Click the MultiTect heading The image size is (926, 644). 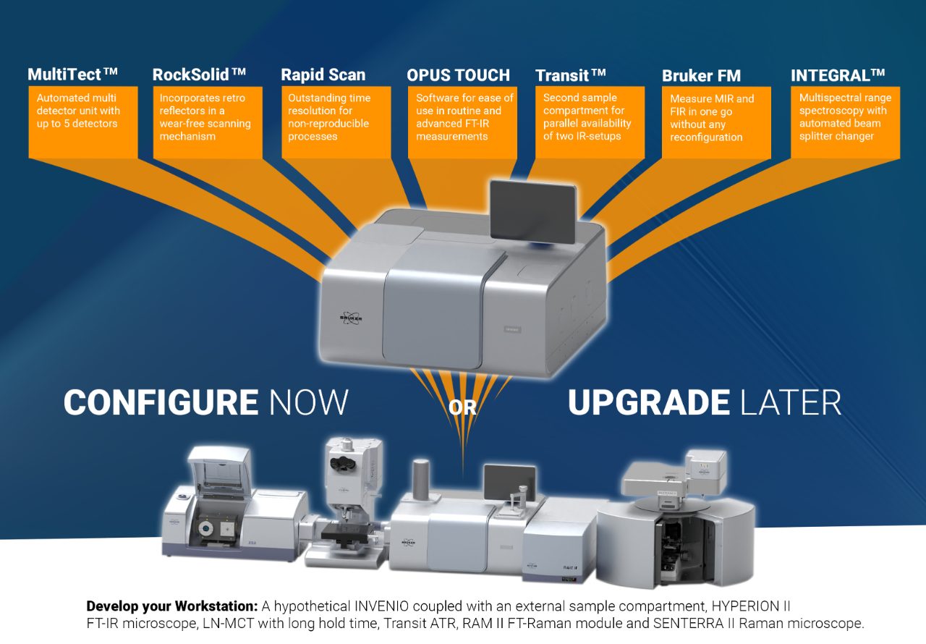pyautogui.click(x=72, y=75)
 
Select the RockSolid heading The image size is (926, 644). pyautogui.click(x=199, y=75)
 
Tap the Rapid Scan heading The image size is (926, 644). pyautogui.click(x=323, y=75)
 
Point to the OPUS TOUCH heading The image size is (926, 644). pyautogui.click(x=458, y=75)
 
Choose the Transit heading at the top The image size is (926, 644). pyautogui.click(x=570, y=75)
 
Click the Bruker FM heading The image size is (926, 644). pyautogui.click(x=701, y=75)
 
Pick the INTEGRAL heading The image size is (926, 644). pyautogui.click(x=838, y=75)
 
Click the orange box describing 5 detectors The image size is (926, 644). pyautogui.click(x=82, y=122)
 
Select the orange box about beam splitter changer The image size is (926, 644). pyautogui.click(x=845, y=122)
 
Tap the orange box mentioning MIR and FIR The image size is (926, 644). pyautogui.click(x=716, y=122)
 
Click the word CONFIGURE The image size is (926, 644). pyautogui.click(x=161, y=402)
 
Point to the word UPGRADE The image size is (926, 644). pyautogui.click(x=648, y=402)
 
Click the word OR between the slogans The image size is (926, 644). pyautogui.click(x=463, y=407)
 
